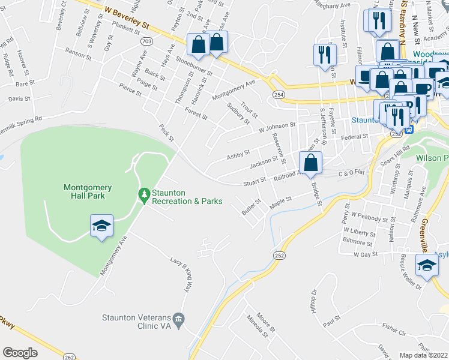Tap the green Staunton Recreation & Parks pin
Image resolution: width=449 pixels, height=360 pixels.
(143, 195)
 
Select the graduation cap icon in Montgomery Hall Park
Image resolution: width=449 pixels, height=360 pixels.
(101, 226)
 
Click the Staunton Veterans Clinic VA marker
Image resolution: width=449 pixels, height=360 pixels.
(178, 318)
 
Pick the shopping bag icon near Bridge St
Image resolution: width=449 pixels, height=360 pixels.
(310, 163)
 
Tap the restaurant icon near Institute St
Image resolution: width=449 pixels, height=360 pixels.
(325, 55)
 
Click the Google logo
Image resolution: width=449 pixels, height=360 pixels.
(20, 353)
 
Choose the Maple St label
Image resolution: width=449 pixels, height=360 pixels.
(280, 202)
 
